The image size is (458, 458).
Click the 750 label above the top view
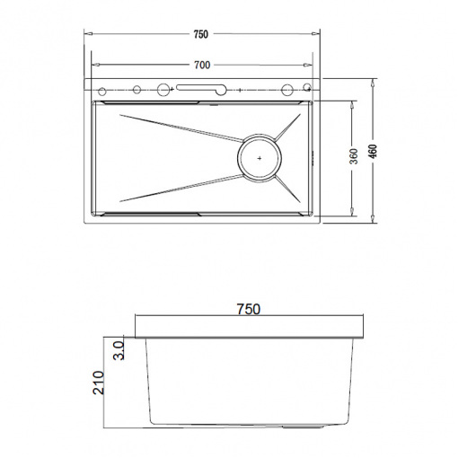click(x=200, y=34)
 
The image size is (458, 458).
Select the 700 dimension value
click(x=202, y=65)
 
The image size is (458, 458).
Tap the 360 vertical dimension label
click(x=354, y=156)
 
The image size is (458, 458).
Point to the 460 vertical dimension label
click(x=374, y=152)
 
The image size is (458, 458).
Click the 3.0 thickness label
click(x=119, y=350)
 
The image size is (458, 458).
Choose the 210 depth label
click(x=99, y=383)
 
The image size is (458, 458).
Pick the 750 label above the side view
click(x=249, y=309)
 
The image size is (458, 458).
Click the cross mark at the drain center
click(x=260, y=158)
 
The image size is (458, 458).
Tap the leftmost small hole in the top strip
click(x=102, y=92)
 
